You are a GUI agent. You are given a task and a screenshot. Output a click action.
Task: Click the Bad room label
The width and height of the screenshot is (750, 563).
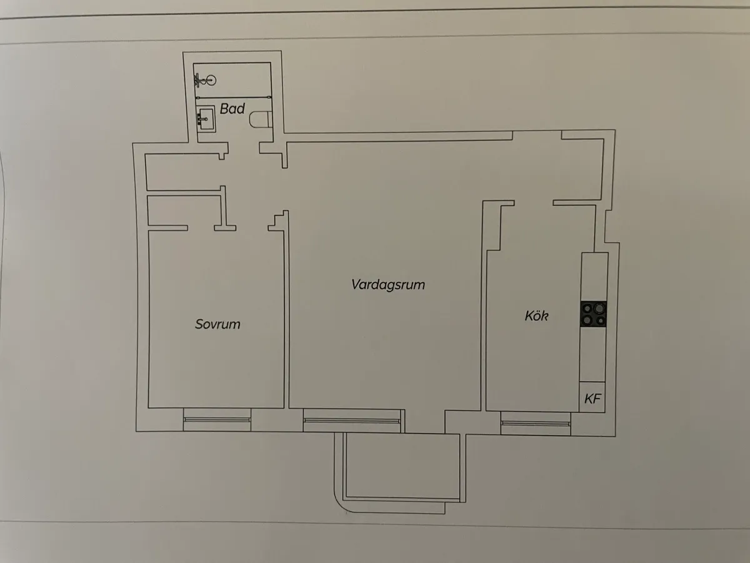click(x=232, y=109)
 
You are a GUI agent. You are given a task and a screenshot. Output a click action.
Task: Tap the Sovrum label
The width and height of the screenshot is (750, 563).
click(x=217, y=324)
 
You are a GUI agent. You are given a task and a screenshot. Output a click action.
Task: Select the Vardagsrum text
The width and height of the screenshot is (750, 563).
click(x=388, y=285)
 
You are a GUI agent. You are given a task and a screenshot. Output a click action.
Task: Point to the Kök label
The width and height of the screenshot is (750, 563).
click(x=536, y=315)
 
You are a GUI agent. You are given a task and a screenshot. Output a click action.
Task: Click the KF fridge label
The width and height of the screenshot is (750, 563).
click(x=592, y=398)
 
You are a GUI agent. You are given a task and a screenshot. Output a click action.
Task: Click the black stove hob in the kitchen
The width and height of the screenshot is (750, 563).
click(x=594, y=314)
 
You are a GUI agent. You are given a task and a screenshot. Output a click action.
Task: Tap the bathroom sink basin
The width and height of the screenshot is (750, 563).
click(x=206, y=119)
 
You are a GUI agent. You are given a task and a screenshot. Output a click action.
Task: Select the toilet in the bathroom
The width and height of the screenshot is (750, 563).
click(x=261, y=119)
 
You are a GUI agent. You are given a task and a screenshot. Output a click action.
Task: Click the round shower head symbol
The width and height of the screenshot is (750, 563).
click(x=211, y=81)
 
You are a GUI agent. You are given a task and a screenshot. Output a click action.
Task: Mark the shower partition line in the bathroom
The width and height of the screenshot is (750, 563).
click(x=234, y=98)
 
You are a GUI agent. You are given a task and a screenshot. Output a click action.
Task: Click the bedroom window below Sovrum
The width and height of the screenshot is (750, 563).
click(x=217, y=419)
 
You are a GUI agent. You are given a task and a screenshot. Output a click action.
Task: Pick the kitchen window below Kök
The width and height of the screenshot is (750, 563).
click(x=536, y=424)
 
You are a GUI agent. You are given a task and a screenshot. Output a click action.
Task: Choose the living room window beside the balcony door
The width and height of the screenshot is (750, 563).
click(x=352, y=420)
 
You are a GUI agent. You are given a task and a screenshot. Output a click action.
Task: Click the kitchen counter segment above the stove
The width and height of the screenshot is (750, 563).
click(x=594, y=276)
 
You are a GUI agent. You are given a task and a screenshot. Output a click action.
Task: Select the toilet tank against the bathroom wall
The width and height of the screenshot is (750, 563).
click(x=269, y=119)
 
